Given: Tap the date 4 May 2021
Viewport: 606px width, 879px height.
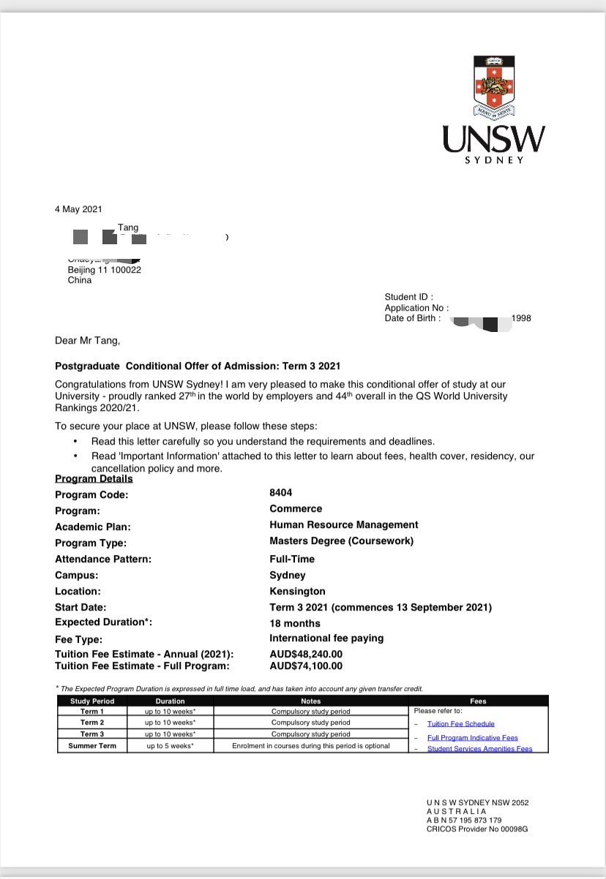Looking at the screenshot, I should (x=78, y=209).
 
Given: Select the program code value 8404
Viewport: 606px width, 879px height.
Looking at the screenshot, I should (x=280, y=493).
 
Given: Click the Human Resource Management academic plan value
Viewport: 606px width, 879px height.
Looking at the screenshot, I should (x=343, y=524).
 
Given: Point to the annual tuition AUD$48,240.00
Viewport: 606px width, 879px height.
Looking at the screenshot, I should (x=305, y=654).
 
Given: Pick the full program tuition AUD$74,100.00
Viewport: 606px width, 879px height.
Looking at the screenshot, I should (x=305, y=666).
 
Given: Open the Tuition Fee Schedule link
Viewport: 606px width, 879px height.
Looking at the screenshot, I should (x=460, y=724).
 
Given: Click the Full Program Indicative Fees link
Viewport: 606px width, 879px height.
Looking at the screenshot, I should (x=472, y=738).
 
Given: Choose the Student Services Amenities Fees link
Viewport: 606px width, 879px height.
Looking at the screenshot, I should (x=479, y=749).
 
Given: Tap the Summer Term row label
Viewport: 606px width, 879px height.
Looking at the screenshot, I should (x=92, y=746).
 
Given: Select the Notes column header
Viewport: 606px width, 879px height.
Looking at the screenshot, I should (x=310, y=701).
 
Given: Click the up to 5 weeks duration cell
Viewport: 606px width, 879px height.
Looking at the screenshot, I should (x=170, y=746).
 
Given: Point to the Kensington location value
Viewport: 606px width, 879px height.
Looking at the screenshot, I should (x=297, y=591).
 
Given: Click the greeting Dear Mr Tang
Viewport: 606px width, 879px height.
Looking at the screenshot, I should (x=87, y=340).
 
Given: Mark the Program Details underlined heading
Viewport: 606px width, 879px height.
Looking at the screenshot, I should (x=94, y=479).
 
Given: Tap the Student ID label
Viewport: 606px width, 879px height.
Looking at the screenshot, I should (x=408, y=297).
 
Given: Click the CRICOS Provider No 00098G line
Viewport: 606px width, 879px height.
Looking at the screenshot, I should (x=476, y=829).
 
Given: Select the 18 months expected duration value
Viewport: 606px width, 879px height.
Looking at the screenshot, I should (x=295, y=623).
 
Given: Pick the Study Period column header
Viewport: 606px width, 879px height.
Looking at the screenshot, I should (x=92, y=701).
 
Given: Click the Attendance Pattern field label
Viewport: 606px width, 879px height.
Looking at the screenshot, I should (x=103, y=559).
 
